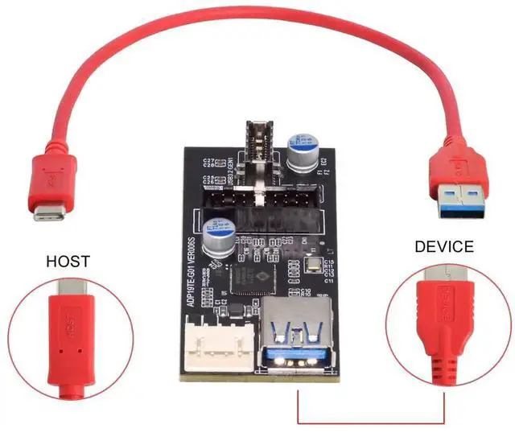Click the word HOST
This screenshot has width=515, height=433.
click(x=68, y=262)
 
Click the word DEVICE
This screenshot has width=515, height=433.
click(x=444, y=246)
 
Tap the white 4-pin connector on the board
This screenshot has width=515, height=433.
click(x=214, y=341)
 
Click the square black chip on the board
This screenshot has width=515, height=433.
click(x=251, y=278)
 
